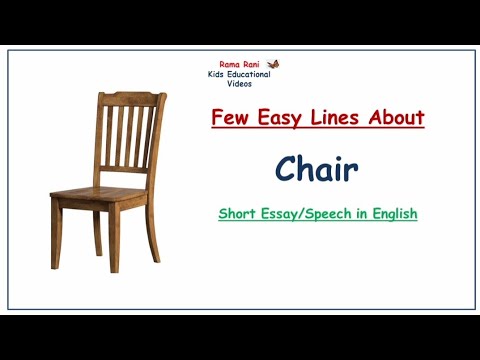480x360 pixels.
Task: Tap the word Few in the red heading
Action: click(230, 118)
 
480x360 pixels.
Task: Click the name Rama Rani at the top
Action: click(229, 64)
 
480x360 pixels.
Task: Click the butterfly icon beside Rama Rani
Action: click(262, 63)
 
